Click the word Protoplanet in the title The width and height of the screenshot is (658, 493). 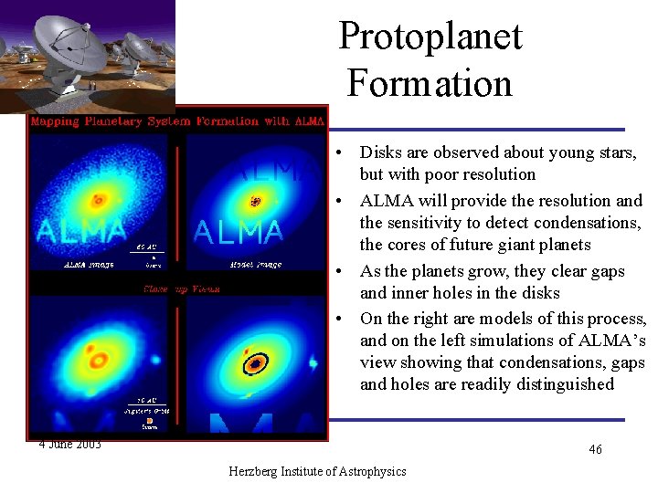tap(430, 37)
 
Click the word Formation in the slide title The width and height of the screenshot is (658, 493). tap(430, 83)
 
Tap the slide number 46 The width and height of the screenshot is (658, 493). tap(595, 449)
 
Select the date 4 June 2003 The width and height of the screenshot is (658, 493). tap(70, 445)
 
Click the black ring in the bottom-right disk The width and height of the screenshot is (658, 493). tap(256, 363)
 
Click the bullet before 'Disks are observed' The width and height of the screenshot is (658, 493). tap(338, 152)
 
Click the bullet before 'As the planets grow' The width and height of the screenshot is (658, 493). tap(338, 271)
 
